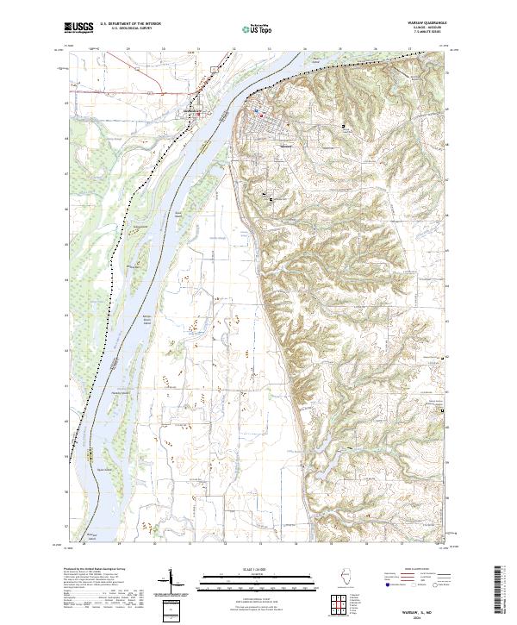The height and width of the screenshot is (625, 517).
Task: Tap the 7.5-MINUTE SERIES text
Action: coord(420,34)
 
